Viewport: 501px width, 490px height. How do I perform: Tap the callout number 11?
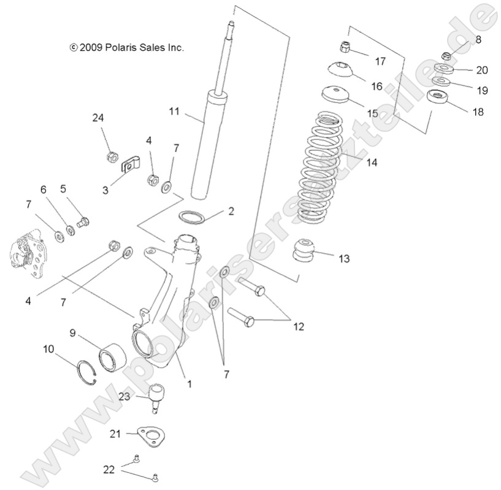175,111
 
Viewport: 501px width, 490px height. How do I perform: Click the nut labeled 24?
110,158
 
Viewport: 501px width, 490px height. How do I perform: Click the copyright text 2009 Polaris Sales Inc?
128,47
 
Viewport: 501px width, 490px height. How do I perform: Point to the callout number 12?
298,327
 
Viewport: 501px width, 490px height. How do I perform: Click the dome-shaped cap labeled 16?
342,69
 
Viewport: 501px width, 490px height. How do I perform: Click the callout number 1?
189,384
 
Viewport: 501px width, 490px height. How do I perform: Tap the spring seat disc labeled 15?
335,95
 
